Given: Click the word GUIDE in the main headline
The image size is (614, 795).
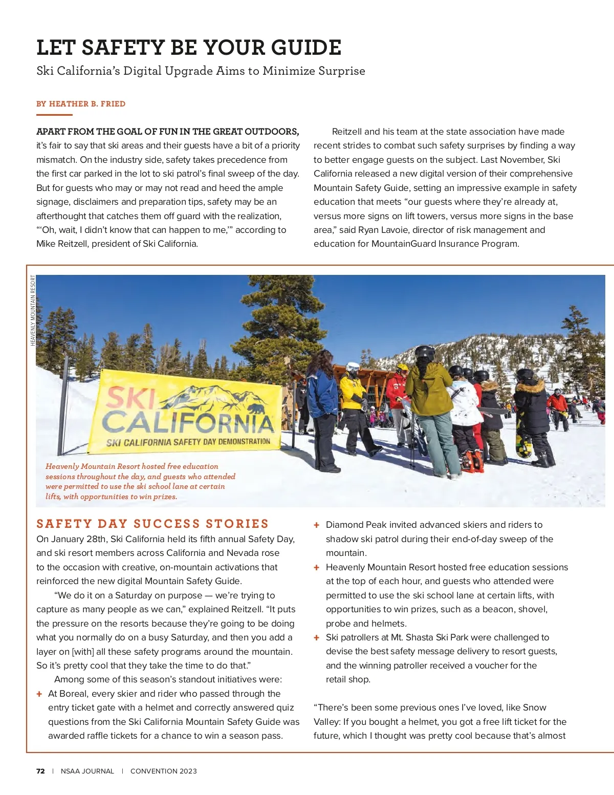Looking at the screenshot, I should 305,48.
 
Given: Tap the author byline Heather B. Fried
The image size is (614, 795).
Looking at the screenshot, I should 81,104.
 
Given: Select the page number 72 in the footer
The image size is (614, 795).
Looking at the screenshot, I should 40,771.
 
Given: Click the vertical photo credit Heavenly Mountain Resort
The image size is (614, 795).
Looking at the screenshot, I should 33,310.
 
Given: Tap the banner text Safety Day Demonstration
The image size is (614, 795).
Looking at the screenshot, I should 188,442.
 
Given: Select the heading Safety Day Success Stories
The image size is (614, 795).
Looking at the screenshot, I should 152,524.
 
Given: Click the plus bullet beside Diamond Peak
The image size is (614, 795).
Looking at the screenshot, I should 317,525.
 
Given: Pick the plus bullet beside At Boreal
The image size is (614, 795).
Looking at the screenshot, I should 39,694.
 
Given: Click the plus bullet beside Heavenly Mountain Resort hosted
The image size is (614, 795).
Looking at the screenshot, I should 317,568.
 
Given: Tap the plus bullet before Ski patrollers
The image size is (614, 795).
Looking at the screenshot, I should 317,638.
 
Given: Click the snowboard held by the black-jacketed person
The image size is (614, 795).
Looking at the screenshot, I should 523,435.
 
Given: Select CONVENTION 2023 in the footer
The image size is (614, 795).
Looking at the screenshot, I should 164,771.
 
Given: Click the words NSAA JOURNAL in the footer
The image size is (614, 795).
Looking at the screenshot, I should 87,771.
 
